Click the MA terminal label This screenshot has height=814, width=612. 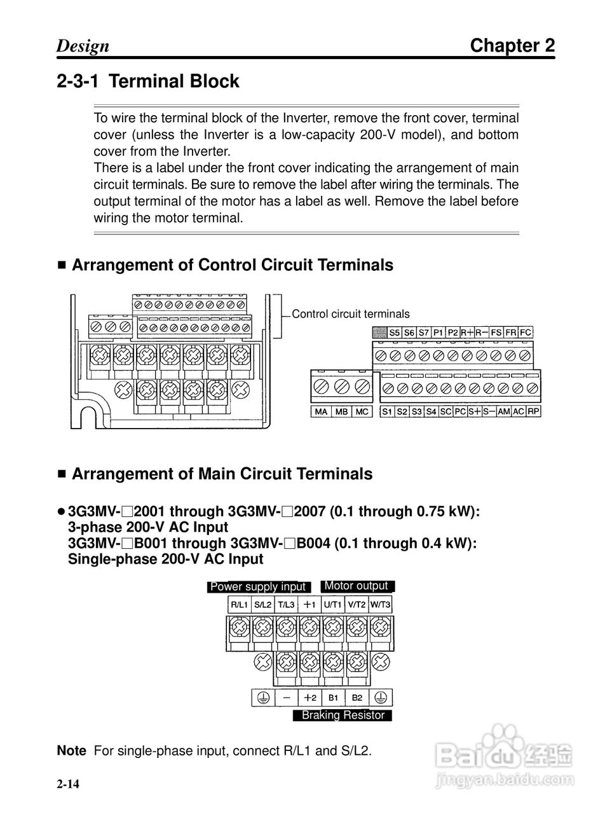click(321, 411)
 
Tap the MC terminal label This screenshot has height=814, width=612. click(362, 411)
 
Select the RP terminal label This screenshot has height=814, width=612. click(534, 411)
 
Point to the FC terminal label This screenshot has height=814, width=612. click(526, 333)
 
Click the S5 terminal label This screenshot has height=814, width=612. click(395, 333)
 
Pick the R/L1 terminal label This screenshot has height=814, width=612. click(239, 605)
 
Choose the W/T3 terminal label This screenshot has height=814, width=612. click(381, 605)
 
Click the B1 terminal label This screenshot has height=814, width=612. click(334, 698)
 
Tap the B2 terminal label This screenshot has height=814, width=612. click(357, 698)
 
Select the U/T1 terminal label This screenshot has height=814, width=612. click(332, 605)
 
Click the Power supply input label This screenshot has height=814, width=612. click(258, 586)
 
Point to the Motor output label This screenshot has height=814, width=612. click(357, 586)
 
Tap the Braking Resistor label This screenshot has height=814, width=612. click(343, 715)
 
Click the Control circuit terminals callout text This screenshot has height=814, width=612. click(351, 314)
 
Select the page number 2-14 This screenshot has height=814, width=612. click(68, 784)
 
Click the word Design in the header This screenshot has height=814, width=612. click(83, 46)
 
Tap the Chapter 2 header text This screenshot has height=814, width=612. click(512, 46)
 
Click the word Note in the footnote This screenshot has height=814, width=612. click(71, 750)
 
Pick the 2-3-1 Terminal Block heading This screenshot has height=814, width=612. click(147, 81)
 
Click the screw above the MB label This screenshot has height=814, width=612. click(342, 387)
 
